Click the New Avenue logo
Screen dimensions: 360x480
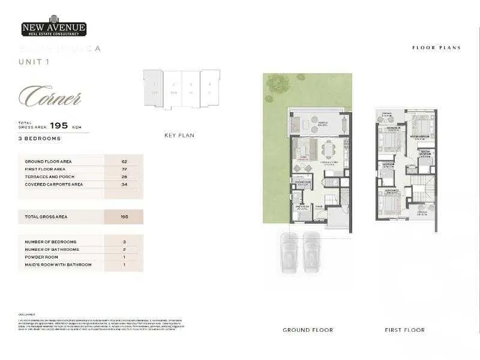pos(54,28)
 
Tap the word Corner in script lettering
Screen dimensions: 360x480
pos(50,97)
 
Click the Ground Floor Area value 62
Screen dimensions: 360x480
pos(124,161)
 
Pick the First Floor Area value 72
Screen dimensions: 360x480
pos(124,169)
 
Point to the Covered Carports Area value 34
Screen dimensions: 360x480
pos(124,184)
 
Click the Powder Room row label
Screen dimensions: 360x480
pos(41,257)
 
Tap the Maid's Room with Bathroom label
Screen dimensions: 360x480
pos(58,265)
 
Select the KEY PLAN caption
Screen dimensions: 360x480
pos(179,136)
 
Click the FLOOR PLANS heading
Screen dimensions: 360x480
pos(436,47)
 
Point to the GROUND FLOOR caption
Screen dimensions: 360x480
pos(308,330)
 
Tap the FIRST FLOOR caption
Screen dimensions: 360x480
pos(404,330)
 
